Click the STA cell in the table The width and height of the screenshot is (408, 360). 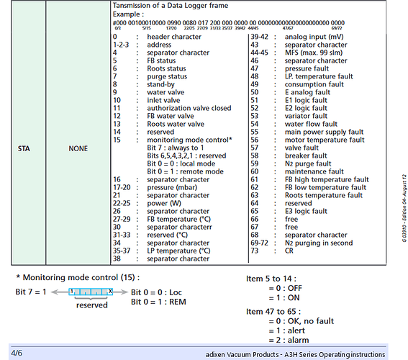coord(23,148)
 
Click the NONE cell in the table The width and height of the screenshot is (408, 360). coord(78,148)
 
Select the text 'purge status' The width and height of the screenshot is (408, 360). coord(167,76)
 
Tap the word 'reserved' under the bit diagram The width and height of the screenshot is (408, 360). coord(91,305)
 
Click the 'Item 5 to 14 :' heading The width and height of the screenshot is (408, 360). coord(270,278)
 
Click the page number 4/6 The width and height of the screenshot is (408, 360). coord(16,353)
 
